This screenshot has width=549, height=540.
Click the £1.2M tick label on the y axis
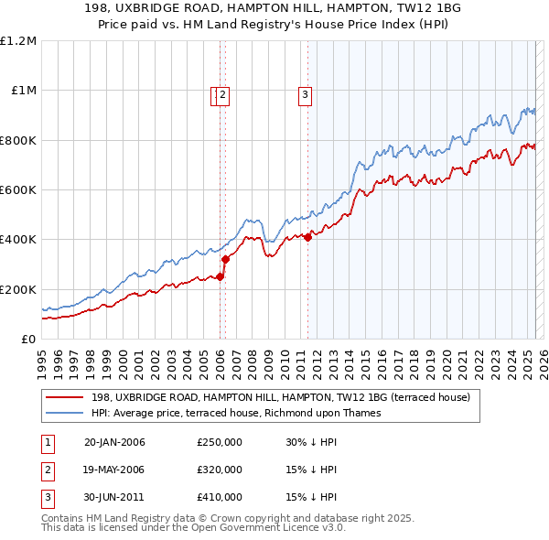18,41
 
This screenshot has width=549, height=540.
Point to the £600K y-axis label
18,190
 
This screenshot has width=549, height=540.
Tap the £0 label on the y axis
28,340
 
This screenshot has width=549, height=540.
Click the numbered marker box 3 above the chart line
304,93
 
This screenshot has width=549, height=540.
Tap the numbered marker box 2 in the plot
222,93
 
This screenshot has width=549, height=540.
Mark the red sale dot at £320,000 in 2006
224,260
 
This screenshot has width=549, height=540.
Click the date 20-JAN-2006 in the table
114,443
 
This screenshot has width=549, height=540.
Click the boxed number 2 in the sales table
47,470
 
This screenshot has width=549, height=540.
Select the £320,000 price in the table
220,470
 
